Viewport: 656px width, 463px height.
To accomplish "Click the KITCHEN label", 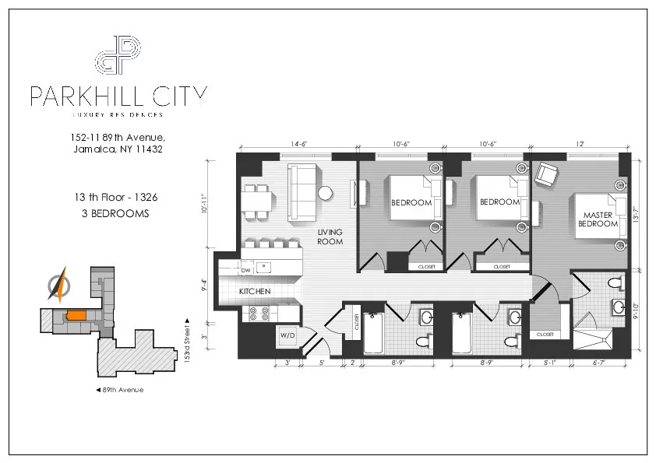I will [x=255, y=291].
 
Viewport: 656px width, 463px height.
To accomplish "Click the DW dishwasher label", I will [x=246, y=270].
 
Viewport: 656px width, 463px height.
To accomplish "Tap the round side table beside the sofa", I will [x=326, y=191].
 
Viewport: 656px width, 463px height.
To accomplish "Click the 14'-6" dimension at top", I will [x=298, y=143].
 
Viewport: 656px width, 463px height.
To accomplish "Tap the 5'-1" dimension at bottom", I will [x=550, y=362].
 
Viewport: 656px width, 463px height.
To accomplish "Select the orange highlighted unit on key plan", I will [x=76, y=315].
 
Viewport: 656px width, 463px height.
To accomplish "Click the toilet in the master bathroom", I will [x=615, y=282].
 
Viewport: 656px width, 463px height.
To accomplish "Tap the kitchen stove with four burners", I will [x=258, y=314].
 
